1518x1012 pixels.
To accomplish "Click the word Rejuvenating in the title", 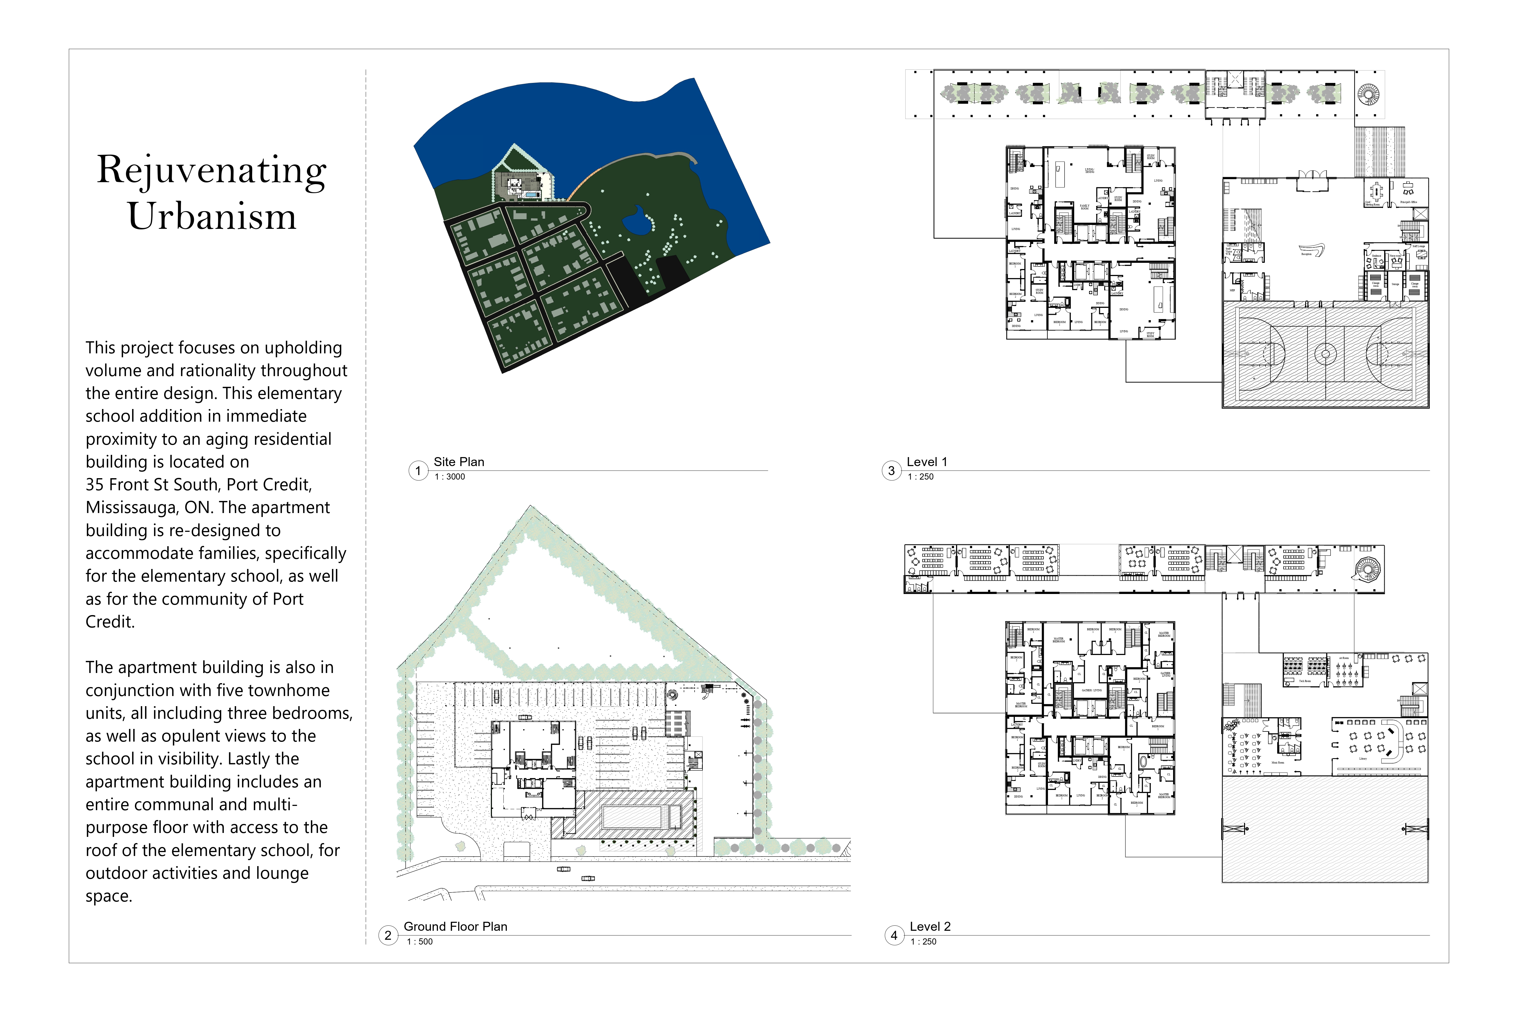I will click(212, 170).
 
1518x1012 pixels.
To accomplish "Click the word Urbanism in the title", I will click(212, 216).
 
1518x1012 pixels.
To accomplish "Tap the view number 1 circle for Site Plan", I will click(418, 471).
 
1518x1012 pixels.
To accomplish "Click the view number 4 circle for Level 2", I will click(894, 935).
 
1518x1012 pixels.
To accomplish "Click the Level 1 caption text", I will click(927, 462).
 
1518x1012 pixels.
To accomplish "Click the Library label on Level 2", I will click(1363, 759).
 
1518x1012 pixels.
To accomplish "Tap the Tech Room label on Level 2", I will click(1304, 681).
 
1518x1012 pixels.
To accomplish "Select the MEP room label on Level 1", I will click(1232, 290).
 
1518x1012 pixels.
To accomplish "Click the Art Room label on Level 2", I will click(1344, 658).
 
